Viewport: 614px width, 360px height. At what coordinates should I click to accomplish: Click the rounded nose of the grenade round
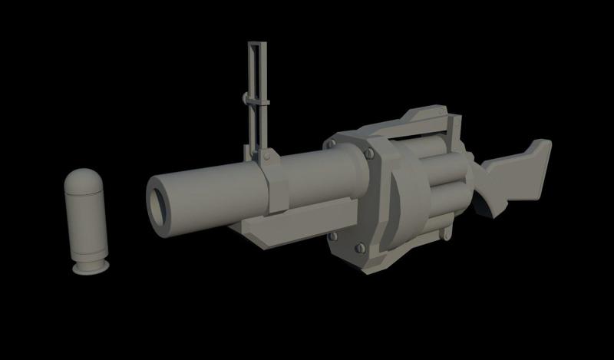pyautogui.click(x=86, y=182)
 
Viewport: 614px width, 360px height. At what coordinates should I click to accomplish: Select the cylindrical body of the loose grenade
pyautogui.click(x=87, y=226)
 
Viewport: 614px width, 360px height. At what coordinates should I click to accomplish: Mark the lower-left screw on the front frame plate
pyautogui.click(x=332, y=235)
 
